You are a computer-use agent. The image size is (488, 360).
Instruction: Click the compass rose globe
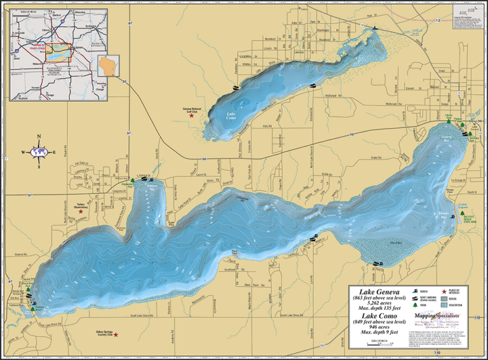click(39, 152)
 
